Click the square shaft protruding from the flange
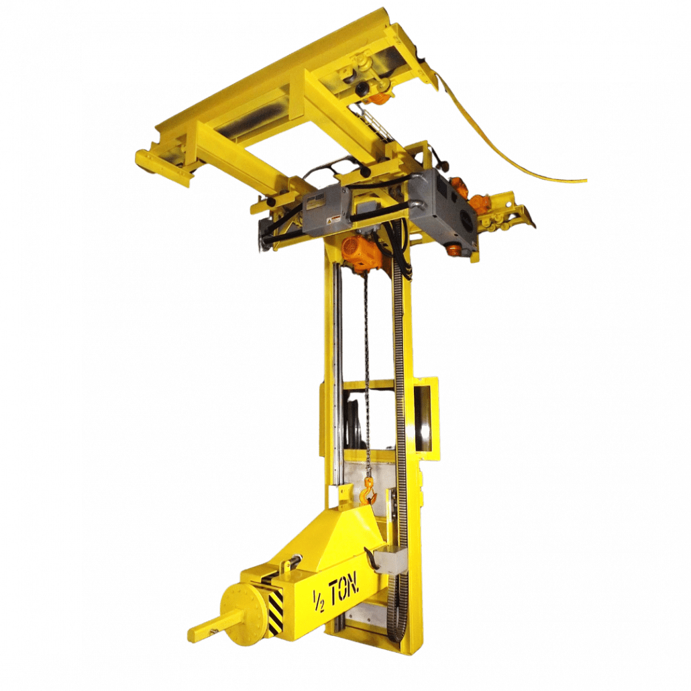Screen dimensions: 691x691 point(205,628)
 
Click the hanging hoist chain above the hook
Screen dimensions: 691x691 point(367,369)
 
